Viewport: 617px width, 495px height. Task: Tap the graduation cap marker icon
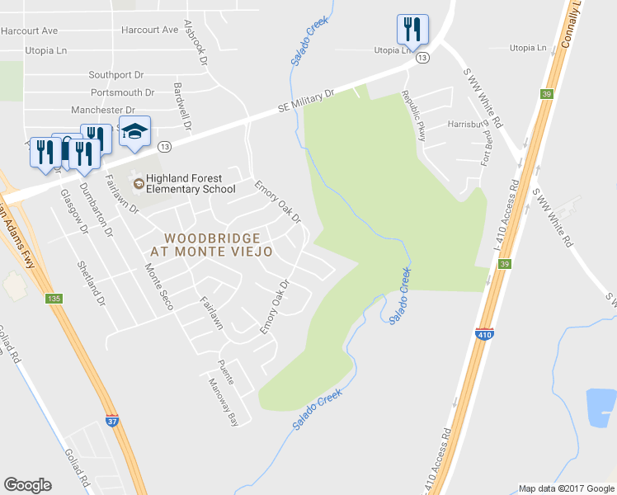135,130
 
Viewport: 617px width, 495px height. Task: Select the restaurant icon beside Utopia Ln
412,29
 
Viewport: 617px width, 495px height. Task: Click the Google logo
27,485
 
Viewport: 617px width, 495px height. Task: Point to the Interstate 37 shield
112,419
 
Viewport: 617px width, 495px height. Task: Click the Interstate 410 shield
485,335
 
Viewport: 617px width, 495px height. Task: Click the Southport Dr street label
123,74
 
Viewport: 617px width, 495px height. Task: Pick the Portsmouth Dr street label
123,92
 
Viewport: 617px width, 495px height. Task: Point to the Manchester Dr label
103,110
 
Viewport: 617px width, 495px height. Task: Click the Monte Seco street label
158,286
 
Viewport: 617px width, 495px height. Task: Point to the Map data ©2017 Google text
567,488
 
